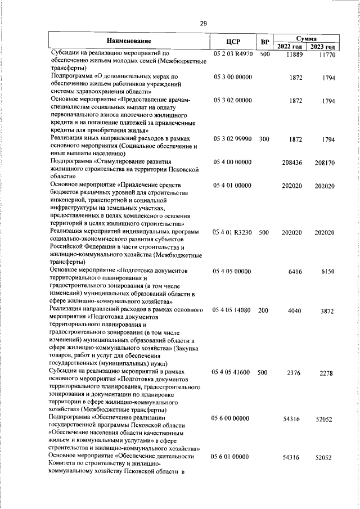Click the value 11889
[294, 54]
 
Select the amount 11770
[325, 55]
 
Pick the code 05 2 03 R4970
[233, 54]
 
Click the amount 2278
[326, 373]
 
